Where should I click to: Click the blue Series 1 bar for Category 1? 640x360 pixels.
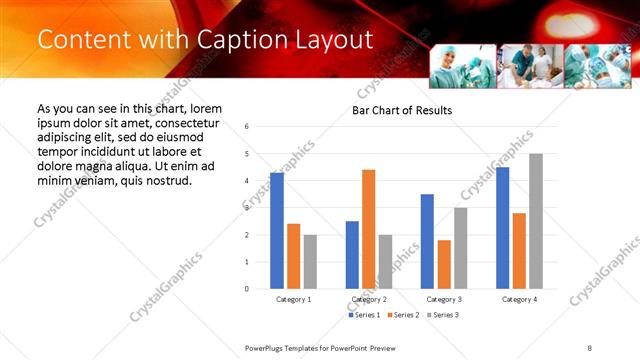(277, 231)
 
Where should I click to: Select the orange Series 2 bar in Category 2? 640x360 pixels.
(369, 229)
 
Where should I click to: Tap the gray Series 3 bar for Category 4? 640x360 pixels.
(536, 221)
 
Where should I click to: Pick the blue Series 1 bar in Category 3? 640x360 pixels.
(427, 241)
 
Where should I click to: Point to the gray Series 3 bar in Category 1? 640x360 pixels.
(310, 262)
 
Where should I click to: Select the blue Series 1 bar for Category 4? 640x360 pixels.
(502, 228)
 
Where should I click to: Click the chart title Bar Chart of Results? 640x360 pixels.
(402, 110)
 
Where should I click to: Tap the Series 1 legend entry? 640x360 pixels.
(364, 315)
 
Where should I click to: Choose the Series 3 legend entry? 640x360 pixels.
(444, 315)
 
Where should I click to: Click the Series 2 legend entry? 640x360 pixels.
(404, 315)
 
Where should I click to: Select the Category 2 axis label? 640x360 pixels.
(369, 299)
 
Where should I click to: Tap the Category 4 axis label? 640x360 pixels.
(519, 299)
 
